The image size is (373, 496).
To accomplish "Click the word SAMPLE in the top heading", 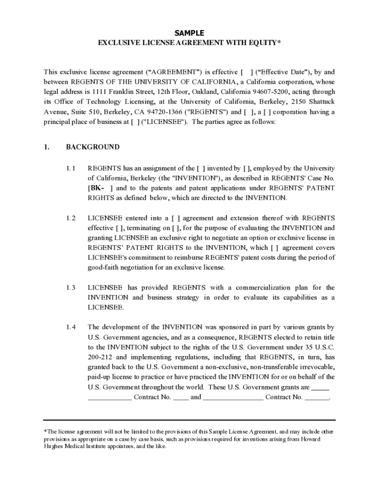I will coord(189,33).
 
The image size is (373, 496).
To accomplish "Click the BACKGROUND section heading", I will coord(93,147).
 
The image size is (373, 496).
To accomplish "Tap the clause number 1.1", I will coord(71,169).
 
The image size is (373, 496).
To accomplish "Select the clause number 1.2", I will coord(71,218).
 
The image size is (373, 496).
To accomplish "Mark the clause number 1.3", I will coord(71,288).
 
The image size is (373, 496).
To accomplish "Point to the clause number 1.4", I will coord(71,327).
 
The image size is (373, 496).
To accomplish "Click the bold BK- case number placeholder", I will coord(97,188).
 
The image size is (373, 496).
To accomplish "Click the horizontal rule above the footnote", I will coord(189,419).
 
